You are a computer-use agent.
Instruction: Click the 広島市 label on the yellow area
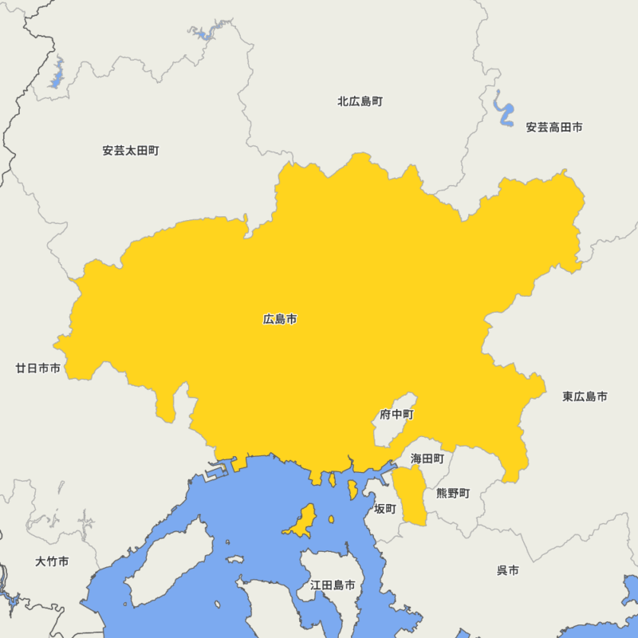coord(280,319)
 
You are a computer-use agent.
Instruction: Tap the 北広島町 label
coord(360,101)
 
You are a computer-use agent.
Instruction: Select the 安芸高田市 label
coord(553,127)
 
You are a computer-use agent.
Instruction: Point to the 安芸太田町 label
coord(131,150)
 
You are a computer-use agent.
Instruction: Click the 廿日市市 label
coord(37,368)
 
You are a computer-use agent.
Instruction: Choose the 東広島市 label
coord(585,396)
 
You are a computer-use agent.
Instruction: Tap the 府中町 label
coord(396,415)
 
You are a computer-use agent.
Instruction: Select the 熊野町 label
coord(453,494)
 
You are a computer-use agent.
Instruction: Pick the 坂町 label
coord(385,508)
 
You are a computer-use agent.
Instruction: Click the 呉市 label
coord(508,570)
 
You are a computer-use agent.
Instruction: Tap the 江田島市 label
coord(333,585)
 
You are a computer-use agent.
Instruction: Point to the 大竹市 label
coord(52,561)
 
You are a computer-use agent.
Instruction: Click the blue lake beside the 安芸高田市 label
coord(503,112)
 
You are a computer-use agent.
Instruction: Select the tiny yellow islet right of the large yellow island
coord(331,519)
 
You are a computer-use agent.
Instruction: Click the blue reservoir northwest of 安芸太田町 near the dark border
coord(57,74)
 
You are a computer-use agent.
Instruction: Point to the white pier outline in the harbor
coord(213,473)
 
